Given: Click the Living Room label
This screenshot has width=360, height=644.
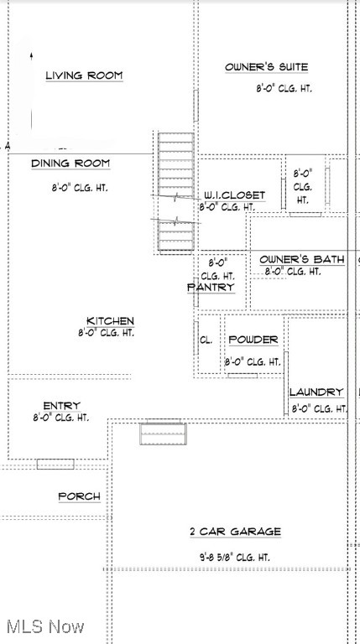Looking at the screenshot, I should [84, 75].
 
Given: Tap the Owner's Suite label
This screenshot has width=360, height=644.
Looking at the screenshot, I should [266, 67].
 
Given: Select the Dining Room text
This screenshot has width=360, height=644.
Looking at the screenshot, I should [70, 164].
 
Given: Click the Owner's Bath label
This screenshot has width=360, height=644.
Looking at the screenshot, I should [301, 260].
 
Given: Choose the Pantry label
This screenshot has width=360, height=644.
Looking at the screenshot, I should [210, 287].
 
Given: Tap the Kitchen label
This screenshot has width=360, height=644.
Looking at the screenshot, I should [110, 321].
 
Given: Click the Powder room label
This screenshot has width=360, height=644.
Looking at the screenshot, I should [253, 340].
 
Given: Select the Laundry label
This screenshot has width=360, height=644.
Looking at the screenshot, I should [316, 392].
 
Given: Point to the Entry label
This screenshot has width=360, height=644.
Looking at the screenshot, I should [61, 406].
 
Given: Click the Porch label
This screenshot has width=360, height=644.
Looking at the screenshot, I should [79, 496].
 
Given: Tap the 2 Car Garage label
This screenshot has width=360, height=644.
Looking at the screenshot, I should [234, 532].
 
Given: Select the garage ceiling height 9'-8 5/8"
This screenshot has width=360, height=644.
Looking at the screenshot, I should [234, 556].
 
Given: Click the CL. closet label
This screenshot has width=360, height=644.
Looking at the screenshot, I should [205, 341].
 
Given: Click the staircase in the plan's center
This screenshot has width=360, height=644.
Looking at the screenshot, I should [176, 191].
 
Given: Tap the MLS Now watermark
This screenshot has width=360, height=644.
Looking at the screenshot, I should [44, 626].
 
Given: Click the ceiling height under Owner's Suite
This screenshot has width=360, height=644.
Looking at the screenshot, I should [284, 88].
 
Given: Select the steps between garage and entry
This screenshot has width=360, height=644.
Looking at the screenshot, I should [162, 433].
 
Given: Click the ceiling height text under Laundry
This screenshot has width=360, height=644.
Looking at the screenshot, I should [319, 408].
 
